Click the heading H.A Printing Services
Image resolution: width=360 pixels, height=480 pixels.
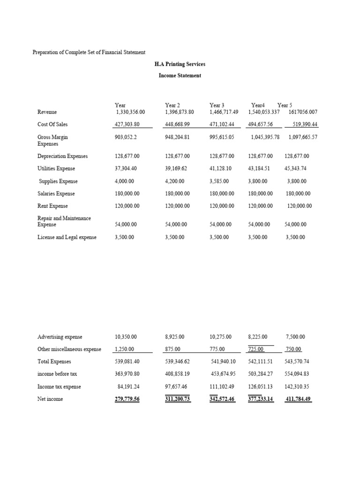coord(180,64)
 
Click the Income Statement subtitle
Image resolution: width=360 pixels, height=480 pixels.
coord(180,75)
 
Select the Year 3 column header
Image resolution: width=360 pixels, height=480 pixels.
coord(217,105)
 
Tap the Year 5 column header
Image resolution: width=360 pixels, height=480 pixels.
coord(285,105)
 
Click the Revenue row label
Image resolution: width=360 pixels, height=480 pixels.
coord(47,112)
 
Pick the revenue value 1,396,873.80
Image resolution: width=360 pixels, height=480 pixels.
coord(180,112)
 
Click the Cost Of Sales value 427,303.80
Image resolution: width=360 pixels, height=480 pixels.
coord(127,125)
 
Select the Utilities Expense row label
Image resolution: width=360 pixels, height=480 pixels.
coord(56,169)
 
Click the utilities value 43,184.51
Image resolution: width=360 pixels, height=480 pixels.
coord(261,169)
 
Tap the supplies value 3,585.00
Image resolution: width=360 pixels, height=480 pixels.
coord(220,181)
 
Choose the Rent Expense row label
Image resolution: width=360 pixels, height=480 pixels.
coord(52,206)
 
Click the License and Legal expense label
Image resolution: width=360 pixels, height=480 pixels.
coord(67,238)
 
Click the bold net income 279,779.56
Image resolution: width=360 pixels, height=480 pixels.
coord(127,399)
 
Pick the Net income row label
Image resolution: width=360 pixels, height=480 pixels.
coord(50,399)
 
